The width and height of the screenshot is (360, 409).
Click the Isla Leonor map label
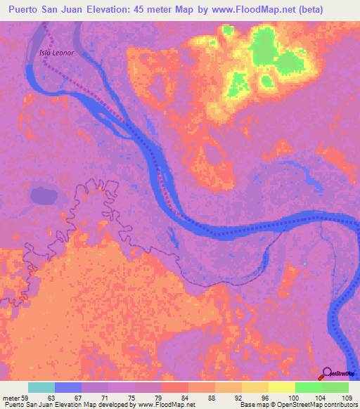[x=57, y=53]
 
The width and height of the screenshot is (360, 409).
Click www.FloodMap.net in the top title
[x=269, y=10]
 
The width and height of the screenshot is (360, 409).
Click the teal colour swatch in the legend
[x=41, y=387]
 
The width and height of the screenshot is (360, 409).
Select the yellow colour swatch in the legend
[x=281, y=387]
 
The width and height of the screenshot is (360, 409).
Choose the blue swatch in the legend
[x=68, y=387]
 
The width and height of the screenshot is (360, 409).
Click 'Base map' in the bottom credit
[x=251, y=405]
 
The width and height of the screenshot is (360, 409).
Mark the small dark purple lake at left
[x=44, y=195]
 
